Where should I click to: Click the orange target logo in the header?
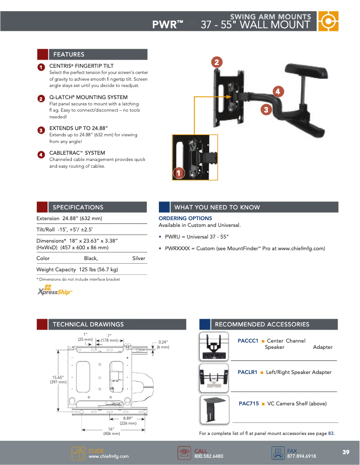pyautogui.click(x=328, y=21)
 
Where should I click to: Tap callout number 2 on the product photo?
pyautogui.click(x=216, y=62)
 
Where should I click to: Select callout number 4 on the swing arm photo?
pyautogui.click(x=278, y=91)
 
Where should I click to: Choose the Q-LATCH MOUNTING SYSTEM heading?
pyautogui.click(x=88, y=97)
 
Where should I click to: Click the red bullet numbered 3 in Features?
pyautogui.click(x=41, y=130)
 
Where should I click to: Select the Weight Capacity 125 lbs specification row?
pyautogui.click(x=77, y=269)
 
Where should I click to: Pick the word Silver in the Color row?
pyautogui.click(x=139, y=258)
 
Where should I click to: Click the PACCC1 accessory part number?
pyautogui.click(x=248, y=341)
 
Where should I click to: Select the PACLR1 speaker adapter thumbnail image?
pyautogui.click(x=215, y=378)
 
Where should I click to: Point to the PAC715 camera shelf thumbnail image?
pyautogui.click(x=215, y=409)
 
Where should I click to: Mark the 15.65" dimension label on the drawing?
pyautogui.click(x=59, y=379)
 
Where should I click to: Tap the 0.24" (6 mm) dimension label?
pyautogui.click(x=163, y=344)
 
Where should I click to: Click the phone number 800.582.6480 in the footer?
pyautogui.click(x=208, y=456)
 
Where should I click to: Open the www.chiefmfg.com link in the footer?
pyautogui.click(x=108, y=456)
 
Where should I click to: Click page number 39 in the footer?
pyautogui.click(x=346, y=452)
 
